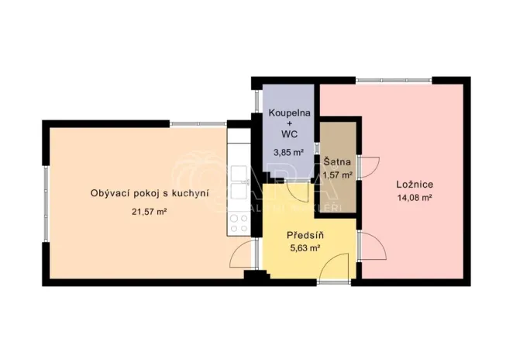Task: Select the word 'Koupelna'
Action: [x=289, y=113]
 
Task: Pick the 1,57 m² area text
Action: [x=339, y=175]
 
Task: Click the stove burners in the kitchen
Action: [x=239, y=223]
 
